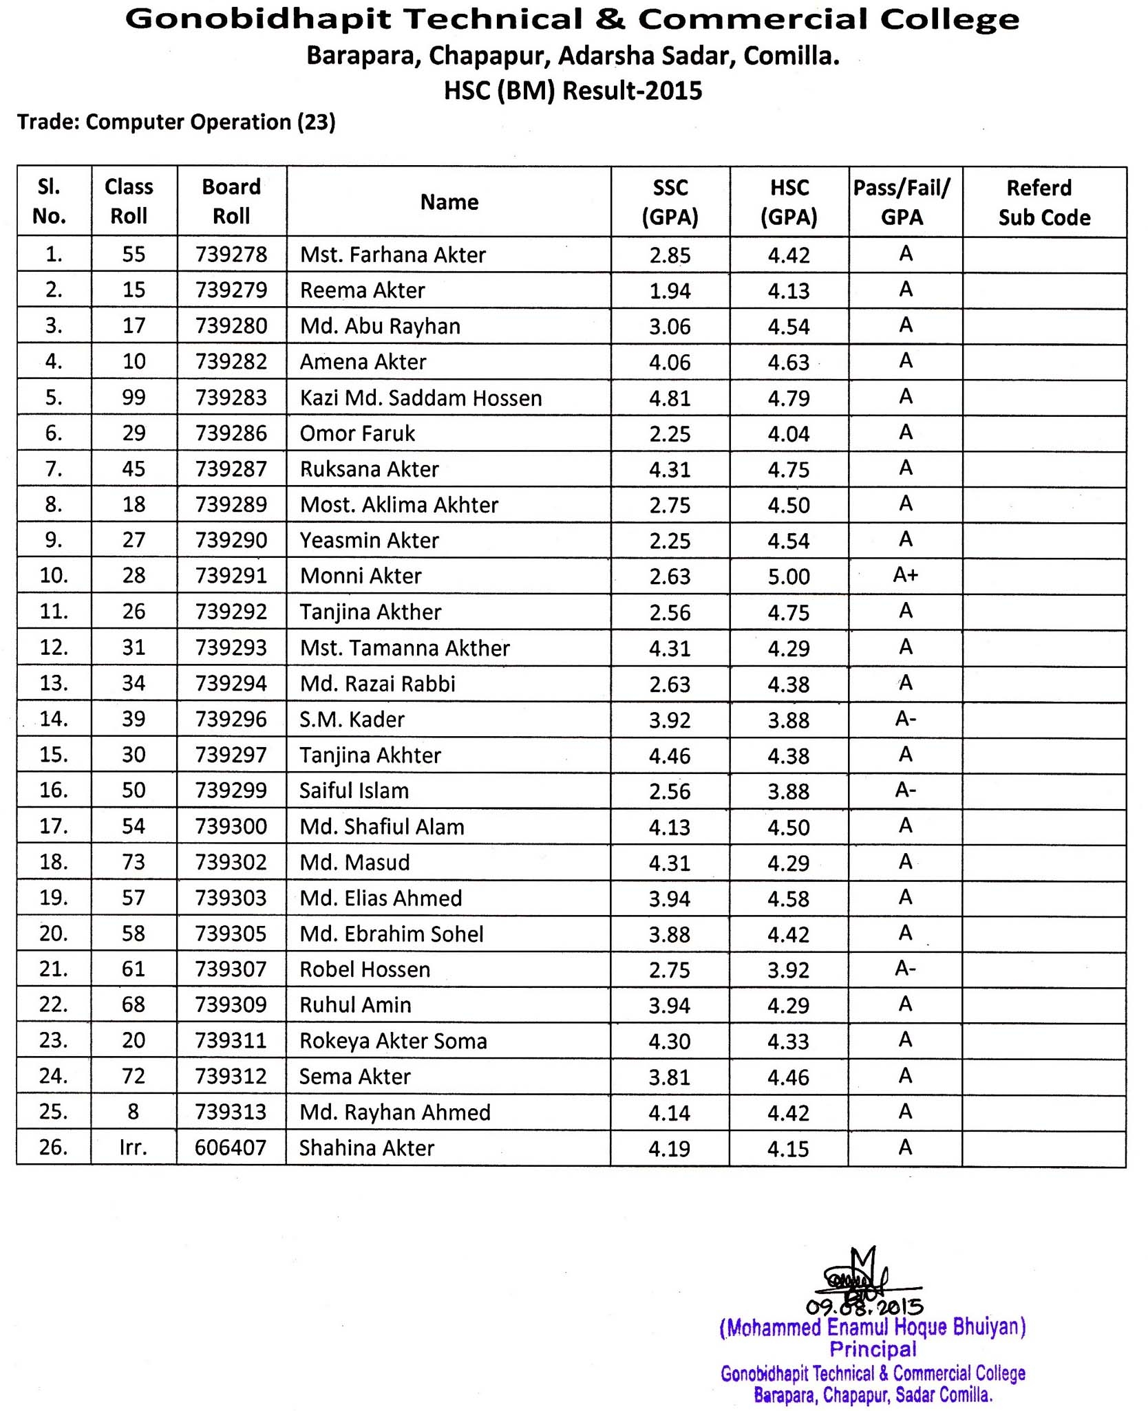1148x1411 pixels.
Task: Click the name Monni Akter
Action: pos(361,576)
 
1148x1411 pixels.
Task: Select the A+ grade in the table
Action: pos(905,575)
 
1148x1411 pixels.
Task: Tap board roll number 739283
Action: pos(231,398)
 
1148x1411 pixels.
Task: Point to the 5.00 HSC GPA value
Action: pos(789,577)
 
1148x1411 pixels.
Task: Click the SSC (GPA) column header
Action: pos(670,202)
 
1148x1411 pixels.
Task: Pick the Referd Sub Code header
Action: pos(1044,202)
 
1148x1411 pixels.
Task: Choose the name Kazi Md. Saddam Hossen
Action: pos(421,398)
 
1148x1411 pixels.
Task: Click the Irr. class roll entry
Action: pos(133,1148)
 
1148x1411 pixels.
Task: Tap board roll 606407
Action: pos(231,1148)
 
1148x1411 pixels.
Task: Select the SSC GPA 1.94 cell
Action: pos(670,291)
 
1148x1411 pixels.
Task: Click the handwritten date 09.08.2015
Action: pos(864,1306)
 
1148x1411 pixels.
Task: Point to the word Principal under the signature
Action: pos(873,1349)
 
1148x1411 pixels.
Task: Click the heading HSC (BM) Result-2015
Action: pos(573,91)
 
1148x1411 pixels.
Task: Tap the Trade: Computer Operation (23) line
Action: pos(176,122)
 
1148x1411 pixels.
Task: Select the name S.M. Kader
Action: pos(352,720)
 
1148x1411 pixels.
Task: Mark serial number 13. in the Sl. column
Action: pos(54,683)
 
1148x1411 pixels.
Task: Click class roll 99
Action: pos(134,398)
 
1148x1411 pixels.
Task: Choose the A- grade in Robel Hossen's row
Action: pos(905,969)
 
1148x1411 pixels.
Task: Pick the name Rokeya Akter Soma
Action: pos(393,1041)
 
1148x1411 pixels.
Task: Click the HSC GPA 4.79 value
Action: pos(789,398)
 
